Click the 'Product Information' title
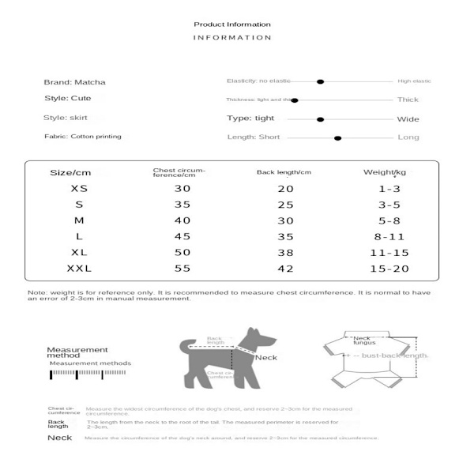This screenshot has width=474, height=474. tap(232, 24)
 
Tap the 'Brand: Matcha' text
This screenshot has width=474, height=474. tap(75, 81)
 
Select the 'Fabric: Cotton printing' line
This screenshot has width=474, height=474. tap(83, 137)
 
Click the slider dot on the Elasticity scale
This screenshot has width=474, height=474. tap(320, 81)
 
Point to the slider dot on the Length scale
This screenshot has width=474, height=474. tap(337, 138)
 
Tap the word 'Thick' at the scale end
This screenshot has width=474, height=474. tap(408, 100)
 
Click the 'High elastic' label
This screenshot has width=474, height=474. tap(414, 81)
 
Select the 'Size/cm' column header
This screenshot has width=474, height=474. tap(71, 173)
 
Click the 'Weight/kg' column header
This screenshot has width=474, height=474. tap(385, 172)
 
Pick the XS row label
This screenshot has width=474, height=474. tap(80, 189)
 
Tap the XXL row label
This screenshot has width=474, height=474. tap(80, 269)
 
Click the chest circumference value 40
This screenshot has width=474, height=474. tap(182, 221)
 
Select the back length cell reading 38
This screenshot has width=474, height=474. tap(285, 254)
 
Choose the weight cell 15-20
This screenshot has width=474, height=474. tap(388, 269)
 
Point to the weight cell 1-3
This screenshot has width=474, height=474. tap(388, 189)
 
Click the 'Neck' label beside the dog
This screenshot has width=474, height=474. tap(266, 358)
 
